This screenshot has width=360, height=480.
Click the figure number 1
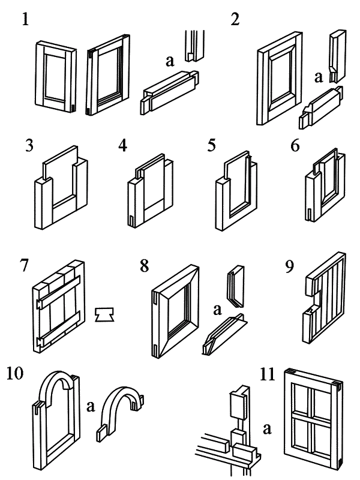coord(25,19)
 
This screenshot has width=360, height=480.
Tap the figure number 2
coord(235,19)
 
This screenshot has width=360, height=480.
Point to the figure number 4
coord(123,146)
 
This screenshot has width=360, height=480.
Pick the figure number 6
coord(296,146)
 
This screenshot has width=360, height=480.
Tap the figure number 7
coord(25,265)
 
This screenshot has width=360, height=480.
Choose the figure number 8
coord(145,265)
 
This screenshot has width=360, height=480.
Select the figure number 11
coord(268,374)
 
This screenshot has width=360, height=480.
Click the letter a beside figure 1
coord(171,60)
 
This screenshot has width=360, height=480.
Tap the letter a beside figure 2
coord(319,76)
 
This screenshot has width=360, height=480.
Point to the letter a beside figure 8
coord(218,310)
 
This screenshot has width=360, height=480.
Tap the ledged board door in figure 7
coord(58,306)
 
